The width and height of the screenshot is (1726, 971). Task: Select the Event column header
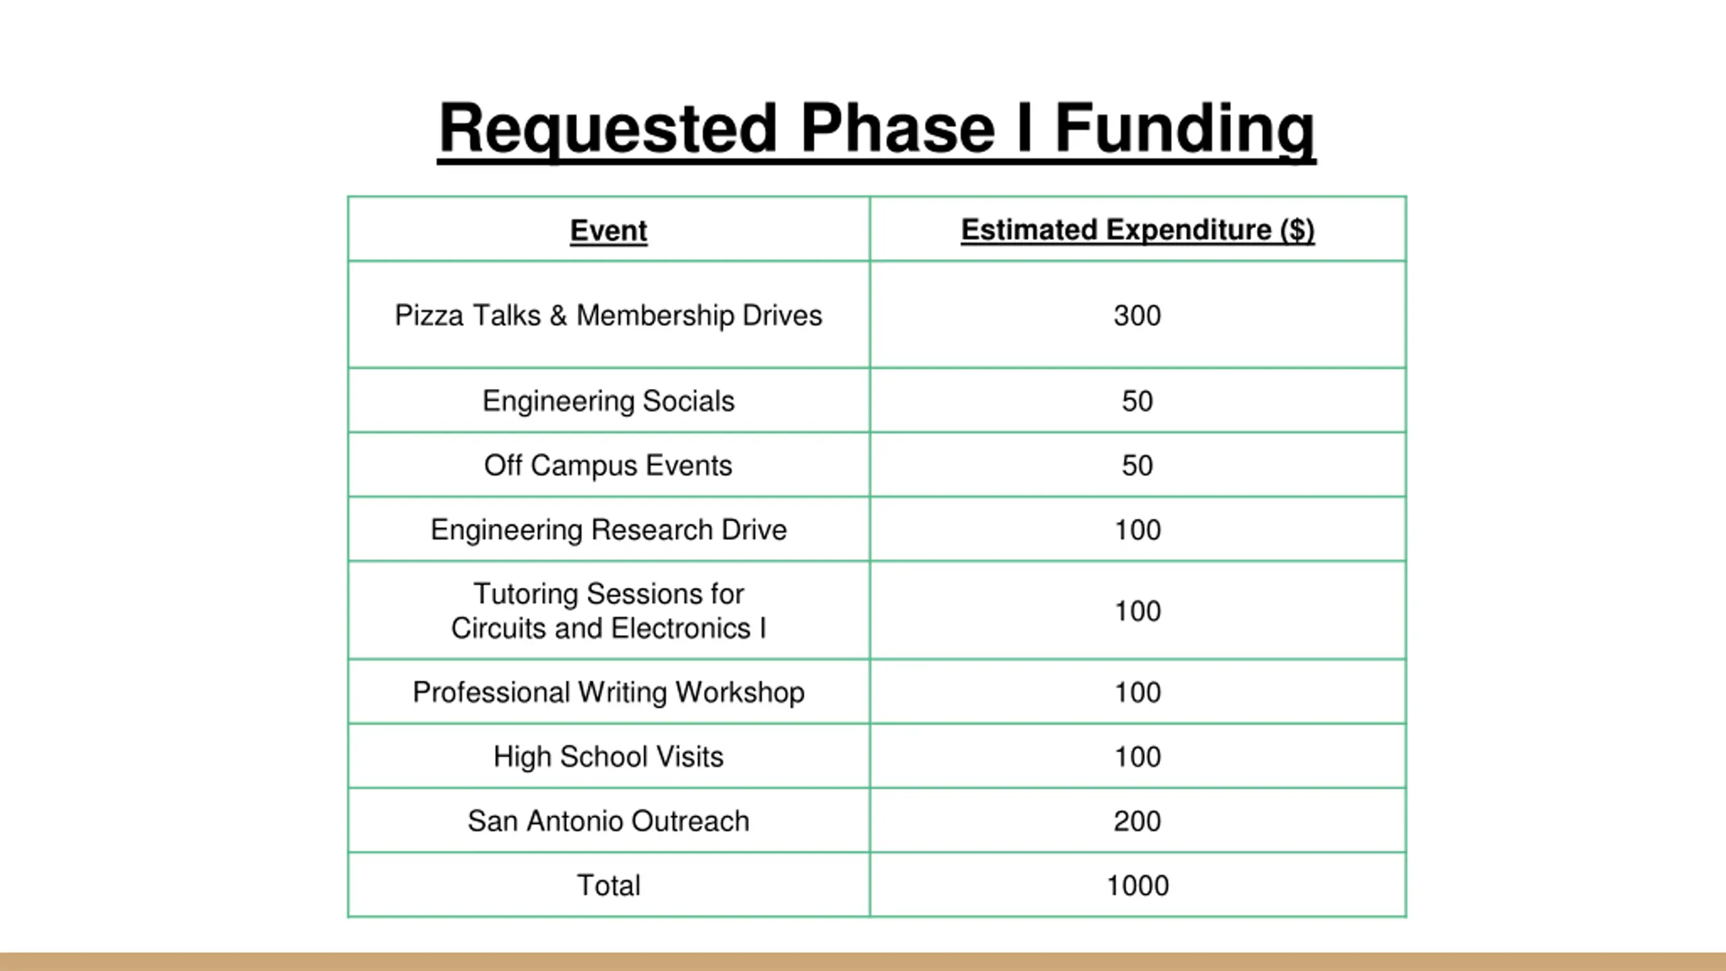coord(608,231)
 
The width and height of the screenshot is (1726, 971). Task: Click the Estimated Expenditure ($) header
coord(1137,230)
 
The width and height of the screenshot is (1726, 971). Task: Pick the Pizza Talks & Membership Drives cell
coord(608,316)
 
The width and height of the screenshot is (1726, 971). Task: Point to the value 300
coord(1137,316)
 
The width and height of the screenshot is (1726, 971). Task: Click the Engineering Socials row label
coord(608,401)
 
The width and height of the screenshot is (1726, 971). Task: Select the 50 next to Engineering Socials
coord(1137,401)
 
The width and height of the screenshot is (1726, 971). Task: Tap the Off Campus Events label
coord(608,465)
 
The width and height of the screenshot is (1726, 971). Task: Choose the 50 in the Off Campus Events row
coord(1137,465)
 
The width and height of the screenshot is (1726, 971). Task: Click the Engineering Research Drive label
coord(608,530)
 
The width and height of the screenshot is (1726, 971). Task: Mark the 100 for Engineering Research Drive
coord(1137,530)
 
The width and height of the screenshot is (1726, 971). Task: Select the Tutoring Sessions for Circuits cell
coord(608,611)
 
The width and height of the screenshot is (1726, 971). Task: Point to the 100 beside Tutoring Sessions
coord(1137,611)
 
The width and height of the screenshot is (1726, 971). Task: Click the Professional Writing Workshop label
coord(608,693)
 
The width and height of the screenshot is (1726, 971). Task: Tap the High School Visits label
coord(608,757)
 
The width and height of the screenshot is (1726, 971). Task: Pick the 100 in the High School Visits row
coord(1137,757)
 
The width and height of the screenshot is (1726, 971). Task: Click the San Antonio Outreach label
coord(608,821)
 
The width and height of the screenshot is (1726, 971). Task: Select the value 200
coord(1137,821)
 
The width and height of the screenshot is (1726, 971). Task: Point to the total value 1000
coord(1137,885)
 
